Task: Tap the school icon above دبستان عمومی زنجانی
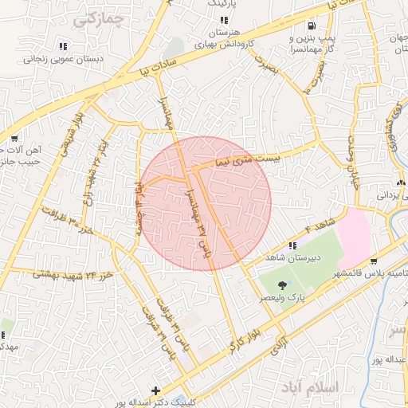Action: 64,45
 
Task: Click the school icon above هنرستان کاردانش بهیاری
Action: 224,20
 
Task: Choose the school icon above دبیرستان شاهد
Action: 292,245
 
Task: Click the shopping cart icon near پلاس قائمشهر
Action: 375,261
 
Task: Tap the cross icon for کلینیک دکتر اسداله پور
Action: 155,390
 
